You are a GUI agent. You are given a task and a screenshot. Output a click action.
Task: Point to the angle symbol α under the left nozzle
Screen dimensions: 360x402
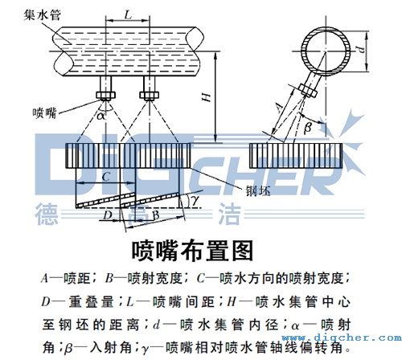coord(102,114)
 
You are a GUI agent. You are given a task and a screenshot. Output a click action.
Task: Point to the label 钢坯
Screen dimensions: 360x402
coord(256,190)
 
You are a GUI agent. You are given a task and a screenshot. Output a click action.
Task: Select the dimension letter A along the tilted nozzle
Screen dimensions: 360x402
coord(278,104)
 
